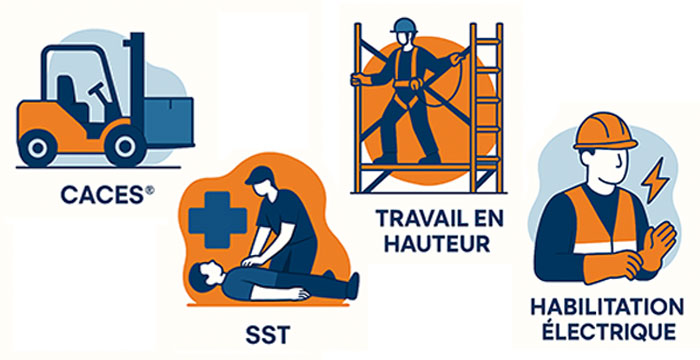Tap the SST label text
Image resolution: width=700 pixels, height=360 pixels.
point(268,336)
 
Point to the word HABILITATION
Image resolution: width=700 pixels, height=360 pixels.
point(607,307)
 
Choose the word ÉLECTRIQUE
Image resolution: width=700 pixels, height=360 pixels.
point(607,332)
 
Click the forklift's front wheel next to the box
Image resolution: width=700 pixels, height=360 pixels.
point(125,146)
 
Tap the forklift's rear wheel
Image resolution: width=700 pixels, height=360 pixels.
point(38,147)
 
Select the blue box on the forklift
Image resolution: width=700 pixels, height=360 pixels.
point(169,122)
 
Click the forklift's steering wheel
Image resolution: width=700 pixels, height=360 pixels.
point(100,96)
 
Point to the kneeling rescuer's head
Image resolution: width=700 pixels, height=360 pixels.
point(260,181)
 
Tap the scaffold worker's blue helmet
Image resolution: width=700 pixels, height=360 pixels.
point(404,26)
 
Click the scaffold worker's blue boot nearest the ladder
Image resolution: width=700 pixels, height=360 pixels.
point(429,158)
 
